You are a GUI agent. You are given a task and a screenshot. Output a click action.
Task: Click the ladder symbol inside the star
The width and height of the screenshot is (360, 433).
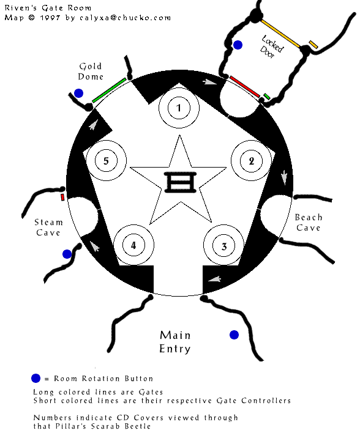(x=180, y=182)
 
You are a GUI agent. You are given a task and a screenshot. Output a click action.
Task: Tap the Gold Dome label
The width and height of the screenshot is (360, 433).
(x=91, y=71)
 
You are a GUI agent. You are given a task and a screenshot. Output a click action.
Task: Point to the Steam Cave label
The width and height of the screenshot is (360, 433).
(x=48, y=228)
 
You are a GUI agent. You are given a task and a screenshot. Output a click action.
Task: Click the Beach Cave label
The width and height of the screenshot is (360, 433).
(x=309, y=223)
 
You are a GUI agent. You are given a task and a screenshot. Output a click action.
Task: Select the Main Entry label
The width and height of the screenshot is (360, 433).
(x=175, y=342)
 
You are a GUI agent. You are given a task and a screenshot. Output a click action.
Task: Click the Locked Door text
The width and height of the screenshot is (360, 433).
(x=271, y=47)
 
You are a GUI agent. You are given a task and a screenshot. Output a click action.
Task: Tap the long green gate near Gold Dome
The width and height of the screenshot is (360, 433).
(x=109, y=91)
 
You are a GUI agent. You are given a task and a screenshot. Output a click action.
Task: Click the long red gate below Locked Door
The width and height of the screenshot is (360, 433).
(x=245, y=87)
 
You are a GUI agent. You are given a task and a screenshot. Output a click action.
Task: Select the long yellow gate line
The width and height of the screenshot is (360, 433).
(x=280, y=34)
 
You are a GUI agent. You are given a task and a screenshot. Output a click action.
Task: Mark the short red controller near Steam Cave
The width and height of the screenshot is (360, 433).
(x=62, y=197)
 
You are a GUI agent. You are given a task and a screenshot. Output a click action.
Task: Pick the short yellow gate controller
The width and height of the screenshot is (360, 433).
(x=313, y=45)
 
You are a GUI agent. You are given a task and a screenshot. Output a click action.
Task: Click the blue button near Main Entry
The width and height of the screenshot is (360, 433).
(x=234, y=335)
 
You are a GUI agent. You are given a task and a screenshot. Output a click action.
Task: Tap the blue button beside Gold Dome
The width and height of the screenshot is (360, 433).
(x=78, y=94)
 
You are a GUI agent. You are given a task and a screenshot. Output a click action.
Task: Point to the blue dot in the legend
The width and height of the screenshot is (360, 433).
(x=36, y=378)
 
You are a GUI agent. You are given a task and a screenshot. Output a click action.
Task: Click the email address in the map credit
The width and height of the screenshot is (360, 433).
(x=125, y=18)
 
